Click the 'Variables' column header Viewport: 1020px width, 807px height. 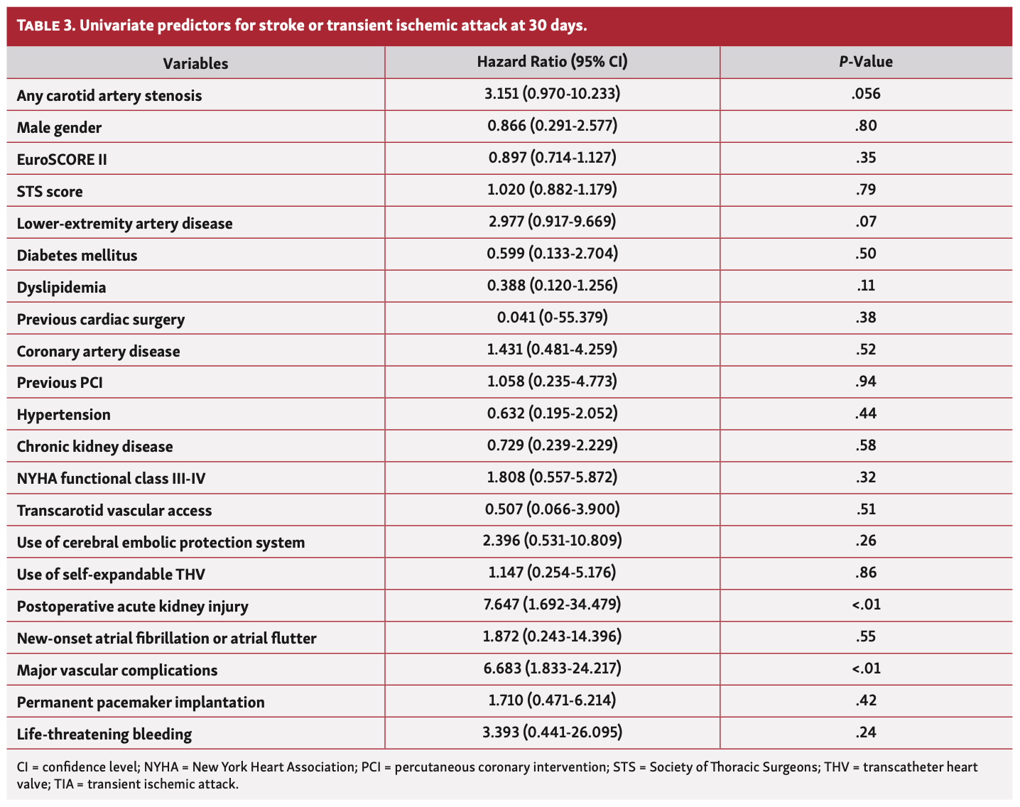pyautogui.click(x=195, y=63)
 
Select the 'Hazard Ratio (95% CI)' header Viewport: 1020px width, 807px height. pyautogui.click(x=552, y=62)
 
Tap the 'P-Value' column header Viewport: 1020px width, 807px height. pyautogui.click(x=865, y=62)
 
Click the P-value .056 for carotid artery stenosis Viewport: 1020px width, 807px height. pyautogui.click(x=865, y=94)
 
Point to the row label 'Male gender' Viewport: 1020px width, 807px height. pyautogui.click(x=59, y=128)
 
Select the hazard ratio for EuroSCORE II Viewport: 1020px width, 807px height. pyautogui.click(x=552, y=158)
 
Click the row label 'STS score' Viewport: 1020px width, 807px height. pyautogui.click(x=50, y=192)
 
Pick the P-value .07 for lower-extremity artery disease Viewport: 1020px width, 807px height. pyautogui.click(x=865, y=222)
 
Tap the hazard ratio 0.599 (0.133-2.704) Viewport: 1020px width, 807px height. pyautogui.click(x=552, y=254)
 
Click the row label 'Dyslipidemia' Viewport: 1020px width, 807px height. pyautogui.click(x=61, y=288)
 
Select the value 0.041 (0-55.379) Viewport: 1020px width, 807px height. pyautogui.click(x=552, y=318)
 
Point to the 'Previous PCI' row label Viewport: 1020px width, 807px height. pyautogui.click(x=60, y=383)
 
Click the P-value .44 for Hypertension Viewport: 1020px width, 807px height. pyautogui.click(x=865, y=413)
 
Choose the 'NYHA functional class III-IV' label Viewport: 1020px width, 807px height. pyautogui.click(x=111, y=479)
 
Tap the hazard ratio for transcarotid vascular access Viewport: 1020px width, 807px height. pyautogui.click(x=552, y=509)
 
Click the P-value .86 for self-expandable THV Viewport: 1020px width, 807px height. pyautogui.click(x=865, y=573)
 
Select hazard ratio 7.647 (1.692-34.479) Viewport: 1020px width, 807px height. pyautogui.click(x=552, y=605)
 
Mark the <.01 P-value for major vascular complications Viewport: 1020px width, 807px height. pyautogui.click(x=865, y=668)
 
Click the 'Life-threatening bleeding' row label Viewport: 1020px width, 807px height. pyautogui.click(x=104, y=735)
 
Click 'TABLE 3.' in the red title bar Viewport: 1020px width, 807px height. pyautogui.click(x=45, y=26)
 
